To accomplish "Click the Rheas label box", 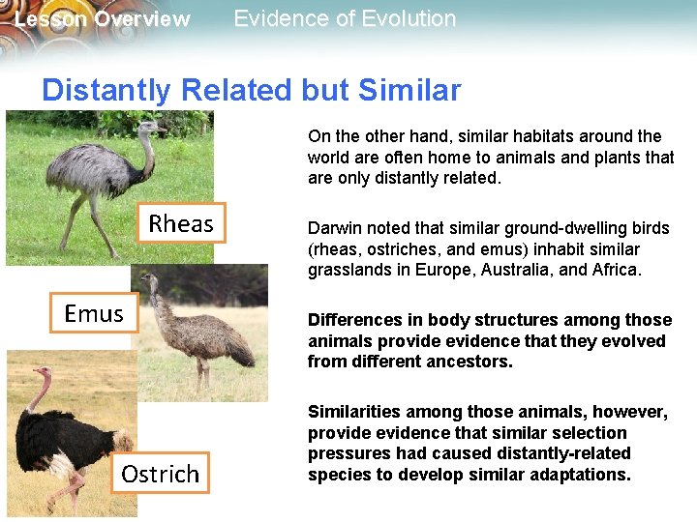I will pyautogui.click(x=180, y=223).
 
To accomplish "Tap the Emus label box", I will pyautogui.click(x=94, y=313).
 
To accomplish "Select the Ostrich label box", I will pyautogui.click(x=160, y=473).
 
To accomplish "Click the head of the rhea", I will pyautogui.click(x=152, y=127).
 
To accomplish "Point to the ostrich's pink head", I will pyautogui.click(x=42, y=372).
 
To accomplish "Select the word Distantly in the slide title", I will pyautogui.click(x=106, y=90).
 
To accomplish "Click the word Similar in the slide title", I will pyautogui.click(x=409, y=90).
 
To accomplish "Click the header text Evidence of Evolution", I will pyautogui.click(x=345, y=18).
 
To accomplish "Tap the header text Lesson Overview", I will pyautogui.click(x=103, y=19).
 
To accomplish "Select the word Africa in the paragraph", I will pyautogui.click(x=614, y=270).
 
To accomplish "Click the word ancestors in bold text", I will pyautogui.click(x=468, y=362).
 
